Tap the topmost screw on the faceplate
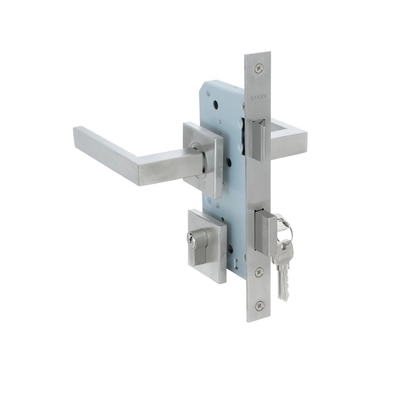[x=259, y=69]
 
